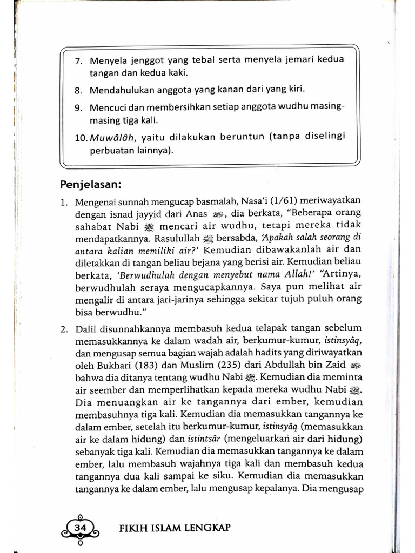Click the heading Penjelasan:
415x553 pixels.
point(90,185)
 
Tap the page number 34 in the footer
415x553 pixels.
point(80,527)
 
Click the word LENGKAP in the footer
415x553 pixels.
point(210,528)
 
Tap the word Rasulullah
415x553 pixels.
point(177,238)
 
